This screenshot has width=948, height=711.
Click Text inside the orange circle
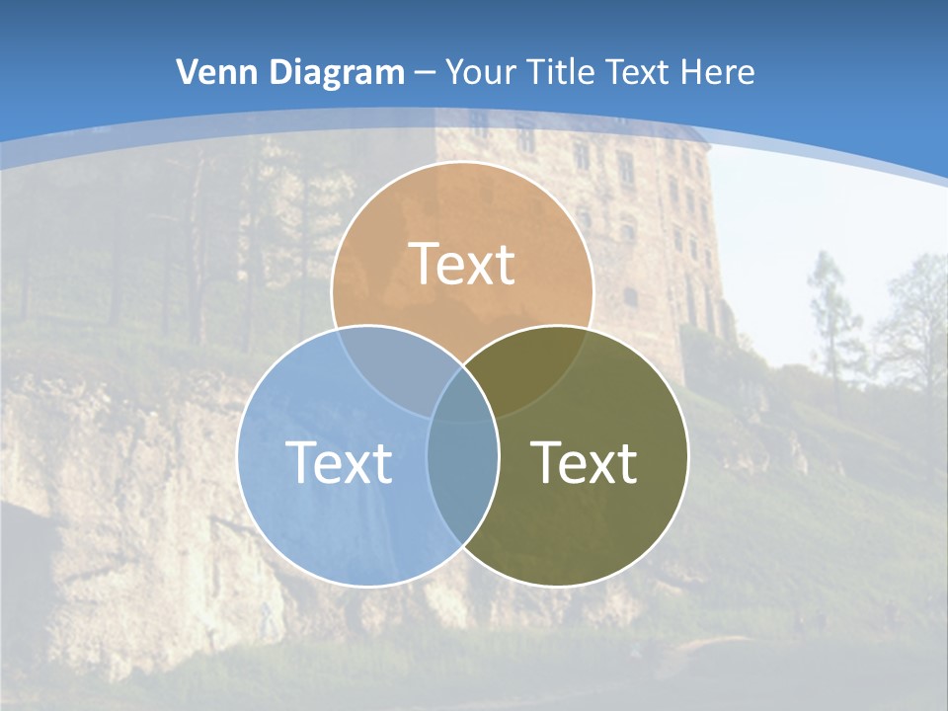click(462, 264)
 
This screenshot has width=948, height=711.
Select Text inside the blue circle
click(339, 462)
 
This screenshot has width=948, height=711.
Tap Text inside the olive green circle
click(585, 462)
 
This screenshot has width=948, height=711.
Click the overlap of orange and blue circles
click(390, 370)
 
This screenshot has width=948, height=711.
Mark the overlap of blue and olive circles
click(462, 484)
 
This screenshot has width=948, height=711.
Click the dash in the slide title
click(426, 73)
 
